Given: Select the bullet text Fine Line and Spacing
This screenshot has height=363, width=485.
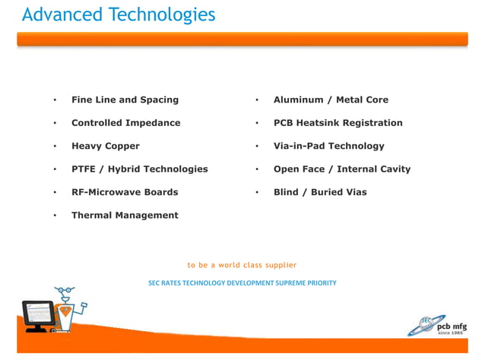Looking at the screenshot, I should [125, 99].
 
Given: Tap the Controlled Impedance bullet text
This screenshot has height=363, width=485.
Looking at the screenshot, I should [125, 123].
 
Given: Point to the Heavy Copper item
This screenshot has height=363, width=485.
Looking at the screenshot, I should [105, 146].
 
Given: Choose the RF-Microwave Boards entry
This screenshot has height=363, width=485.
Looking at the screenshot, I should [125, 192].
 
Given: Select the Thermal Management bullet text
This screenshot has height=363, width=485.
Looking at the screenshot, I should [125, 216].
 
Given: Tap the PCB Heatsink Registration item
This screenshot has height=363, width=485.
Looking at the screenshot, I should [338, 123].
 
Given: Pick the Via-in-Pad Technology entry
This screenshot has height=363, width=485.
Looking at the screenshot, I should [328, 146].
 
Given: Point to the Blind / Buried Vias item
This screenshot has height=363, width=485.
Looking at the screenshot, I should [319, 192].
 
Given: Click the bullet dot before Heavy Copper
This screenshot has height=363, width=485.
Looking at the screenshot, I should [55, 147].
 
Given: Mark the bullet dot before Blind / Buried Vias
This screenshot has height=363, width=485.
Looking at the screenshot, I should [257, 193].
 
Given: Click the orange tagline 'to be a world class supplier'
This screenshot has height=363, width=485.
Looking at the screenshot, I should [242, 265].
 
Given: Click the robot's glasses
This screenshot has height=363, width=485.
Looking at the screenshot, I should [64, 291].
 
